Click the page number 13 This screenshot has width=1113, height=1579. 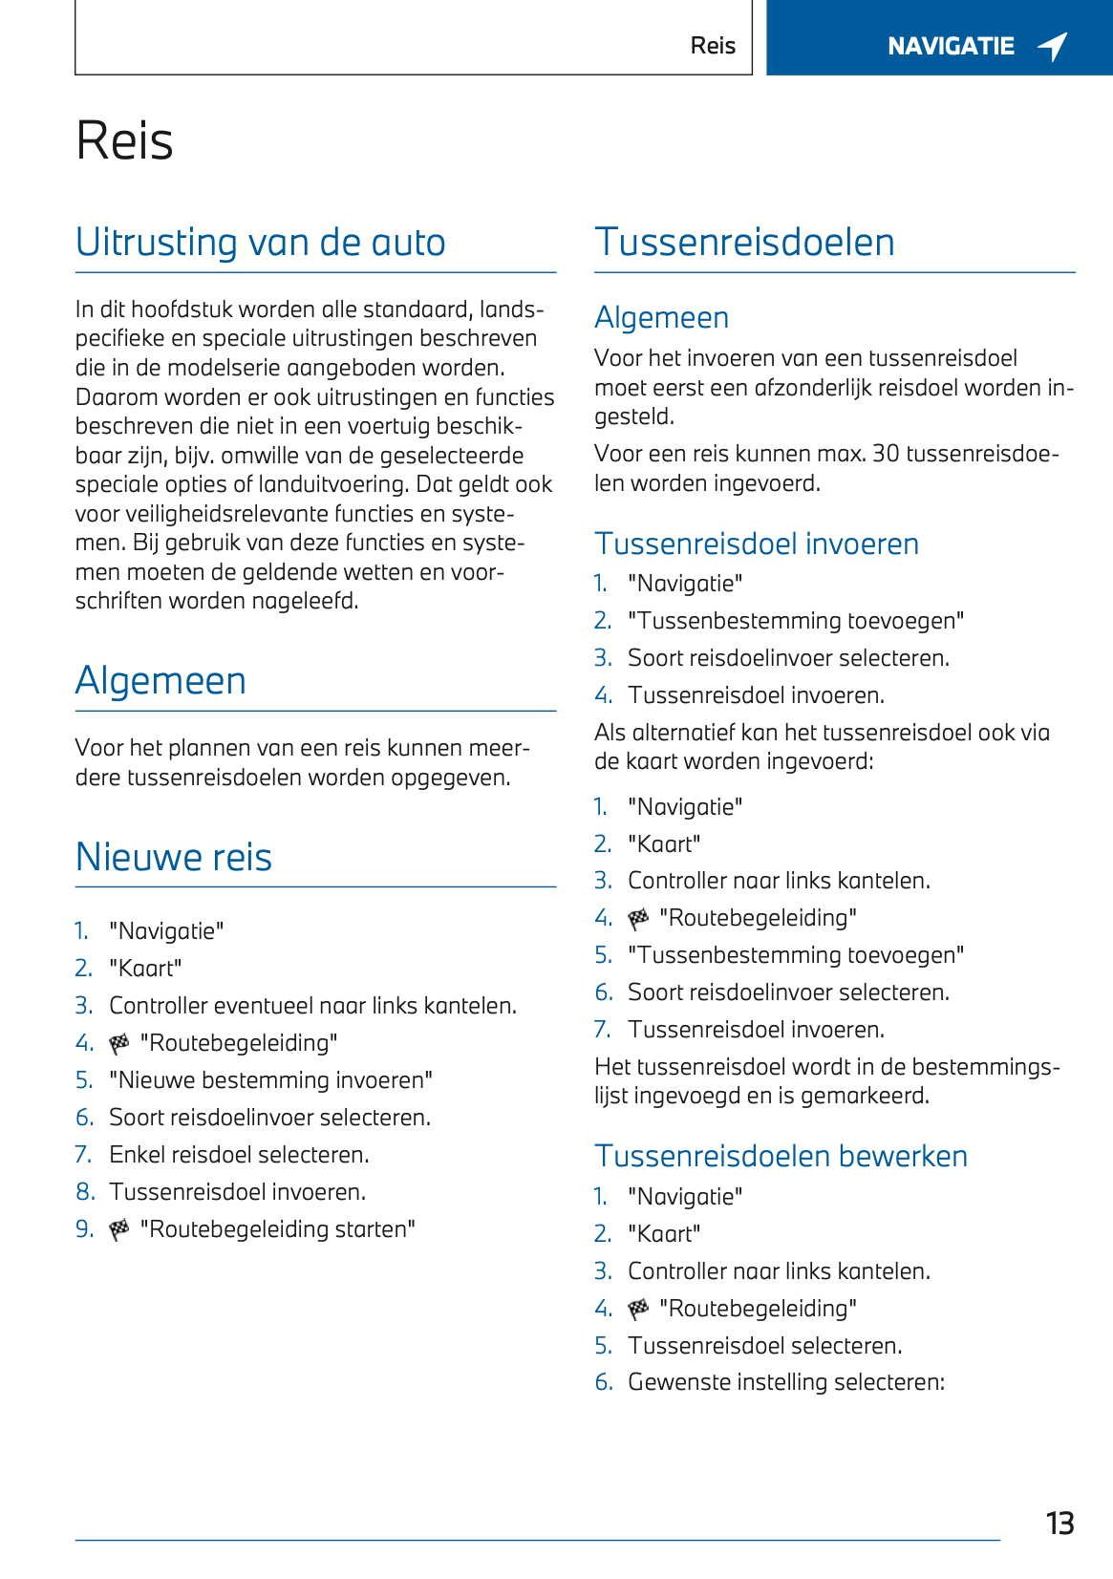(1059, 1523)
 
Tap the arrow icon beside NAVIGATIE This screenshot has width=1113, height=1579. (1053, 46)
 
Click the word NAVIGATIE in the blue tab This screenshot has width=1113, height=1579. (951, 46)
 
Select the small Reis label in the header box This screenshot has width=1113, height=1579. (713, 46)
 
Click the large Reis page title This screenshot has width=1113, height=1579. (125, 141)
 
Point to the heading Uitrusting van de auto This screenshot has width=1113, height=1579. (260, 243)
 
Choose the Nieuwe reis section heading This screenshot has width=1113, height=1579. (174, 857)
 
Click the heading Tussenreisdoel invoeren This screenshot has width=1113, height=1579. (757, 544)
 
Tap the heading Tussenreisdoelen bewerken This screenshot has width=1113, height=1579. (781, 1156)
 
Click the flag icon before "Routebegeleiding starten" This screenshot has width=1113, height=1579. (119, 1230)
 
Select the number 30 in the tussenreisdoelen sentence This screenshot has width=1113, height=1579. (886, 454)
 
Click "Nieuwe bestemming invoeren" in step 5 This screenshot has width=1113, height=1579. (270, 1080)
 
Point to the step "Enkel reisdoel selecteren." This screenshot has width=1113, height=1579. (239, 1155)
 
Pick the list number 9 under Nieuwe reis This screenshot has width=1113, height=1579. (84, 1229)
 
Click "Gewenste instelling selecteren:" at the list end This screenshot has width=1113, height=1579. (786, 1382)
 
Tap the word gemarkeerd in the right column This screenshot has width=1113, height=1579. (865, 1096)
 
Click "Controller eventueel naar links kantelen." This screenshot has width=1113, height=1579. (312, 1006)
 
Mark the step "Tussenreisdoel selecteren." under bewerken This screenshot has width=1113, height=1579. (764, 1346)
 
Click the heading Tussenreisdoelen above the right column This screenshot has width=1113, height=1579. (744, 243)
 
